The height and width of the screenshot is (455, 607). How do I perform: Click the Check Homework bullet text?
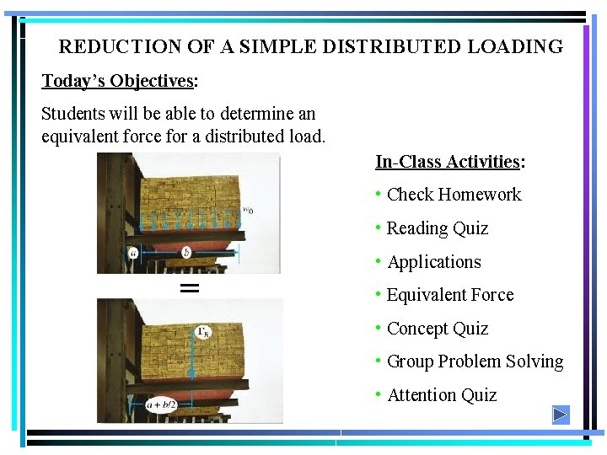point(454,195)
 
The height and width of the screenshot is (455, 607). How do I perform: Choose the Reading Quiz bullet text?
point(437,228)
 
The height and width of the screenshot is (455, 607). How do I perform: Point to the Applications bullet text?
point(433,262)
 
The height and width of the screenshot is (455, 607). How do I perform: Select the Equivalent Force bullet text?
point(449,295)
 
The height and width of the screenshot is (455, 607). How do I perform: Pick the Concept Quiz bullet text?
point(437,329)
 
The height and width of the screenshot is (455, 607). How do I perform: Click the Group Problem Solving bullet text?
point(475,361)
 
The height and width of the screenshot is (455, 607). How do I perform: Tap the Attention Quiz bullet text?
point(441,395)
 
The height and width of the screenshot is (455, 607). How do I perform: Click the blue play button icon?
point(561,415)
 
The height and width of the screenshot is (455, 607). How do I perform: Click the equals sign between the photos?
point(191,287)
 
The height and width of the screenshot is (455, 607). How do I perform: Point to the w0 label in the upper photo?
point(247,211)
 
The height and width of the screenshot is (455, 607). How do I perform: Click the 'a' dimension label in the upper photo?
point(134,252)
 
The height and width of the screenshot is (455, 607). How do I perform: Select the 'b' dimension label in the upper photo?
point(186,251)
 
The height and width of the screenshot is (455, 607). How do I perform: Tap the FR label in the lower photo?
point(203,332)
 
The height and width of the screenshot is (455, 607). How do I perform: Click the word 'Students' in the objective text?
point(72,114)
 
